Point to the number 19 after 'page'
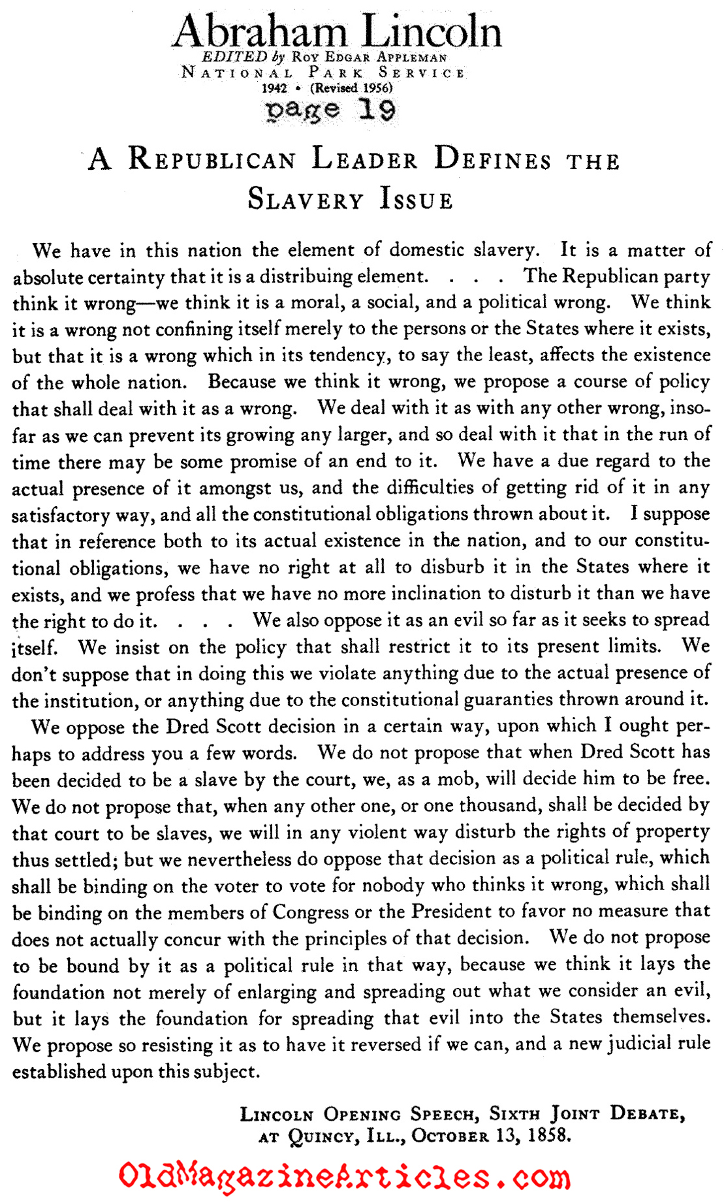pos(377,109)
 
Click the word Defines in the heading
pos(493,160)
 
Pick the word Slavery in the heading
pos(306,199)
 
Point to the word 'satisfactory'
pos(61,515)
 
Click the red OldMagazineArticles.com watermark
pos(344,1177)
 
